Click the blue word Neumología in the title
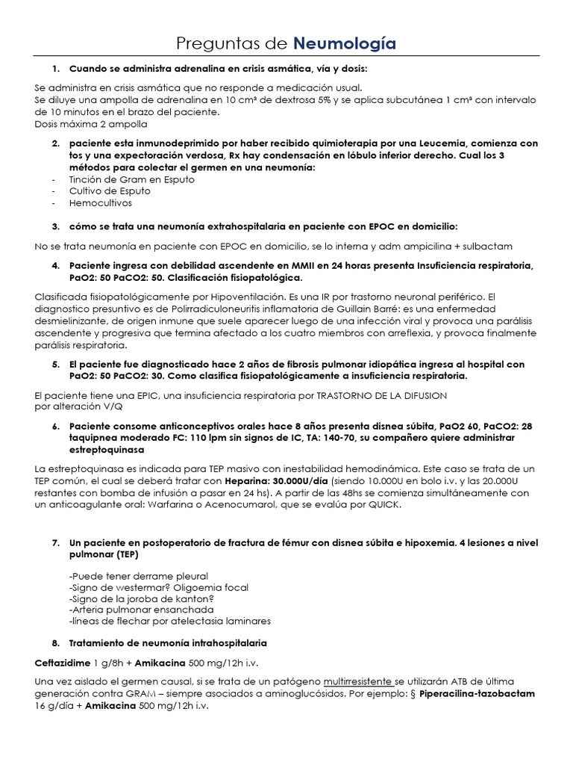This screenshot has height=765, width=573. tap(345, 44)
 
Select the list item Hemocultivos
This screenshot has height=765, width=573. tap(100, 202)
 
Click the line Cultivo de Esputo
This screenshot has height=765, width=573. tap(110, 191)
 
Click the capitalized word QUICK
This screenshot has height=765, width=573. tap(383, 506)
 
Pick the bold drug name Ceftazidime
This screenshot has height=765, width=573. tap(63, 663)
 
